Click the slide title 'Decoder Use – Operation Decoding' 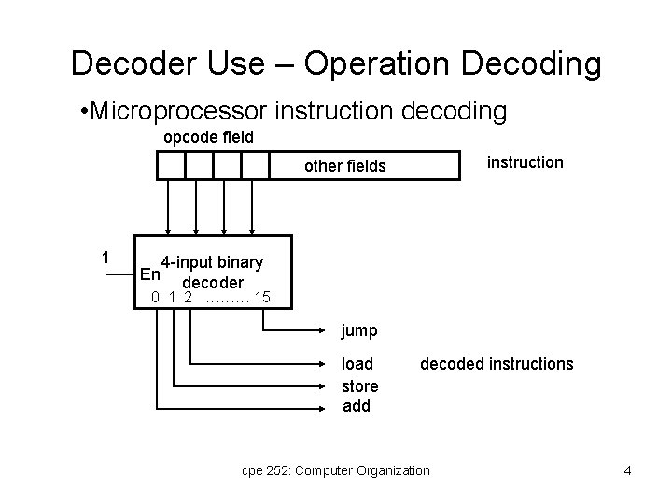336,63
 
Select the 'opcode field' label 209,138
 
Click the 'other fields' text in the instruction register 344,166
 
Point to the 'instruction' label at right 525,162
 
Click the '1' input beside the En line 107,258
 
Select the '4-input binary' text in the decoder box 212,262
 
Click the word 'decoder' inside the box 213,282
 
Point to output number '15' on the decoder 262,299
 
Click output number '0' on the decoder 157,299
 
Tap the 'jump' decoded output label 359,330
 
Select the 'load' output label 357,364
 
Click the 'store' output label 360,385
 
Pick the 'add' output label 357,406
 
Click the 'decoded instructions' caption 497,364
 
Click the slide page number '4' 627,470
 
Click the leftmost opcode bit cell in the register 171,165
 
